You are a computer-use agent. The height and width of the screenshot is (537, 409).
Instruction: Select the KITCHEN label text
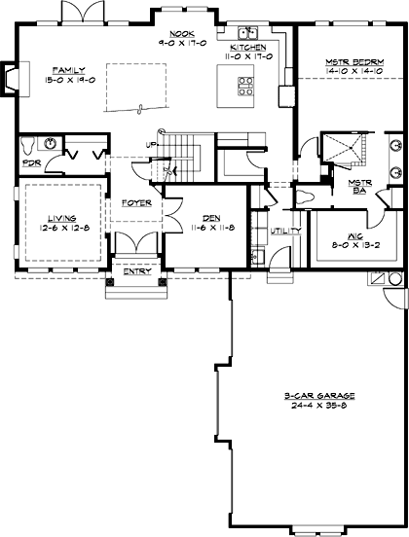point(247,48)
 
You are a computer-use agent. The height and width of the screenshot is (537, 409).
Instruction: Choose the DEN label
point(210,218)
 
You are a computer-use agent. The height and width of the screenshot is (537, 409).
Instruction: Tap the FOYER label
point(135,203)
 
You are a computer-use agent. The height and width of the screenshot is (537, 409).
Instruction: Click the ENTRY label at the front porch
point(137,271)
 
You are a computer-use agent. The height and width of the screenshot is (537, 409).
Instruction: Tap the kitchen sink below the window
point(246,33)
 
